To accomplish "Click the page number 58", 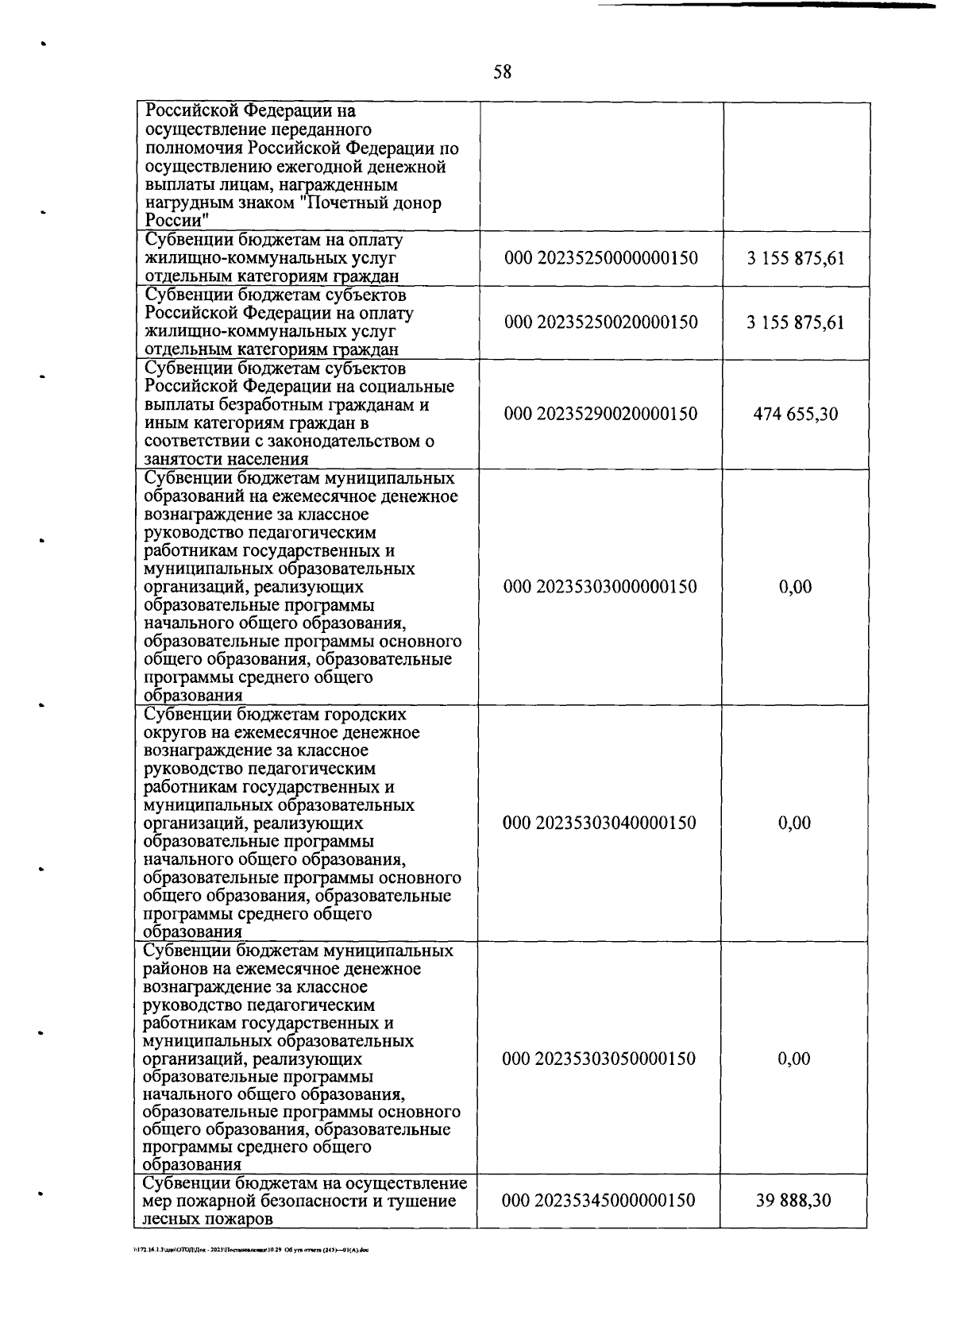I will tap(502, 73).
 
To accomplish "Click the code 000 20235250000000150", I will tap(601, 258).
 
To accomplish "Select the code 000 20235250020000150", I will tap(601, 322).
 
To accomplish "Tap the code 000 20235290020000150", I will tap(601, 414).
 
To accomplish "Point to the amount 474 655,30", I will tap(795, 414).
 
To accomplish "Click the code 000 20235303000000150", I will tap(601, 587).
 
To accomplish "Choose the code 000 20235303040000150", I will tap(600, 823).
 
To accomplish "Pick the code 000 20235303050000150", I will tap(600, 1059).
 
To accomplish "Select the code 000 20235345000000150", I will tap(600, 1200).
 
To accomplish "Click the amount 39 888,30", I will tap(794, 1200).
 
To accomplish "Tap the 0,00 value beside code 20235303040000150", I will tap(795, 823).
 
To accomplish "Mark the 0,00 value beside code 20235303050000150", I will tap(795, 1059).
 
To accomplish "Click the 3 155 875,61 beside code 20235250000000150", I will tap(795, 258).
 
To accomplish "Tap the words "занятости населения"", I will tap(226, 459).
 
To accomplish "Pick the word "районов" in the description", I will tap(176, 969).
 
